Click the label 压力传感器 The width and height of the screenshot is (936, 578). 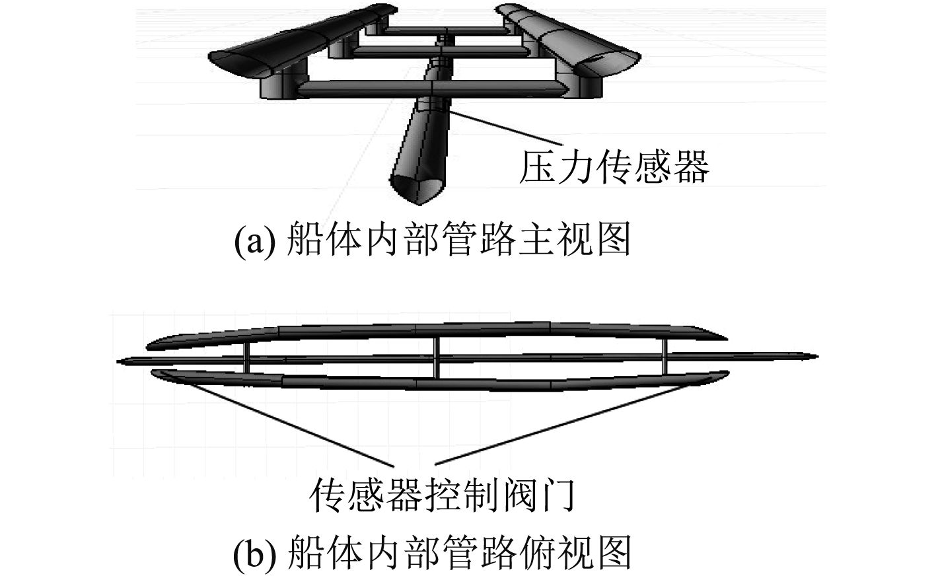(x=614, y=166)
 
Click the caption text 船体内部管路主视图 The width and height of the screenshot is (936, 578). (x=460, y=240)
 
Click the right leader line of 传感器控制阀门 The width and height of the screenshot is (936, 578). (x=561, y=423)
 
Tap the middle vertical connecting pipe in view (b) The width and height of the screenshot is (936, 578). (x=437, y=357)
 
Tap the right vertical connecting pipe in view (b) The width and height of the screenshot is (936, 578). (x=665, y=357)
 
